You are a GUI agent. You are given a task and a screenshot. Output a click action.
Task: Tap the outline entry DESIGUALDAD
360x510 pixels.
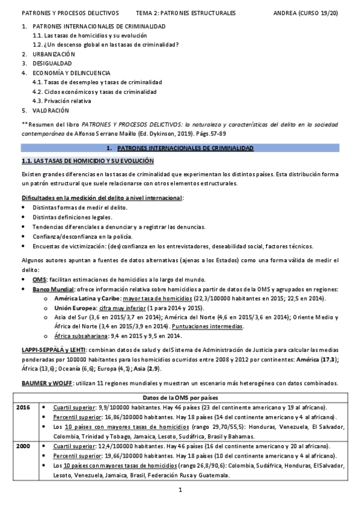pyautogui.click(x=52, y=63)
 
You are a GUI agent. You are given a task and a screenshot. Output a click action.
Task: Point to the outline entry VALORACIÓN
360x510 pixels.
pyautogui.click(x=51, y=111)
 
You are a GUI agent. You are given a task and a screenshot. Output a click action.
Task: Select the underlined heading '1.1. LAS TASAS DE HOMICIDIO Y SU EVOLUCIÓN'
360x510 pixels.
pyautogui.click(x=87, y=161)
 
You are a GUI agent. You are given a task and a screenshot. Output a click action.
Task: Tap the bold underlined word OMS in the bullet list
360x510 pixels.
pyautogui.click(x=39, y=280)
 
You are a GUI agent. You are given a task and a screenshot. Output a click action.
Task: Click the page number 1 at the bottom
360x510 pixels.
pyautogui.click(x=180, y=491)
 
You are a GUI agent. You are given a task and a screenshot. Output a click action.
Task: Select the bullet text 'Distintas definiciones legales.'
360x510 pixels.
pyautogui.click(x=73, y=217)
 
